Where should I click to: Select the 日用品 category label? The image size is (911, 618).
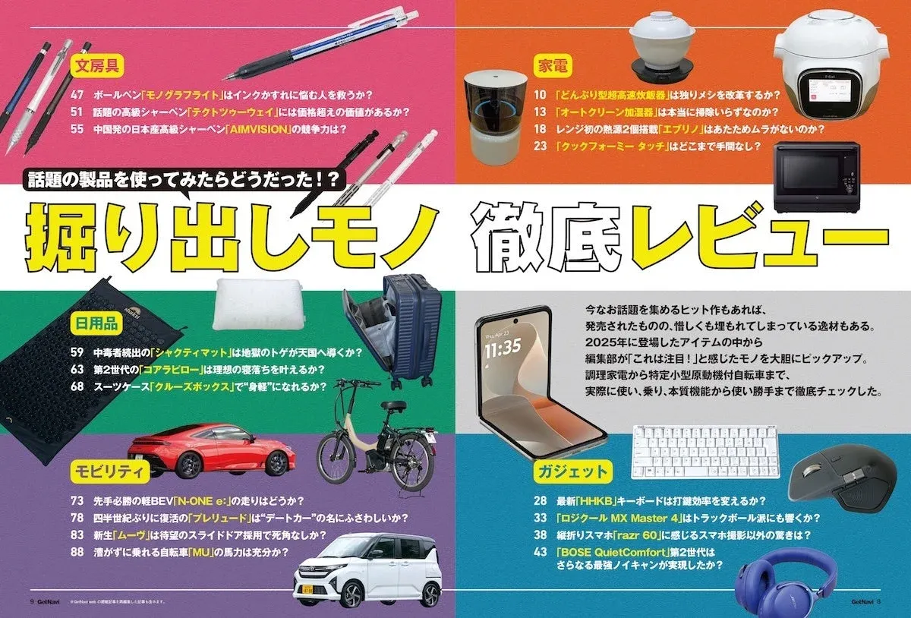(x=95, y=324)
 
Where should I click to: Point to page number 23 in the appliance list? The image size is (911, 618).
(x=540, y=145)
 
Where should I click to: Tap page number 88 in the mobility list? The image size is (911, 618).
(x=77, y=552)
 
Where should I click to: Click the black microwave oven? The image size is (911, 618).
(x=816, y=178)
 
